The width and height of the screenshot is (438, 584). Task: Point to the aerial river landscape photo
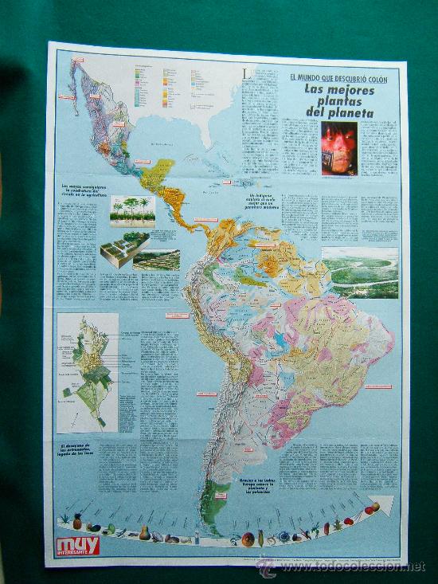point(359,272)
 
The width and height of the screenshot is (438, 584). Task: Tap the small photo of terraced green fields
point(156,260)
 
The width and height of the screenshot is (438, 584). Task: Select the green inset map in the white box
point(88,371)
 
